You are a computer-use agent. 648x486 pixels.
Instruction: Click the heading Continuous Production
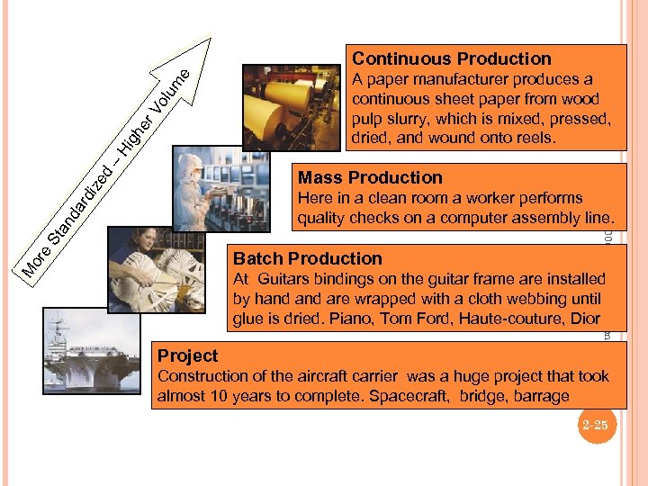[x=451, y=59]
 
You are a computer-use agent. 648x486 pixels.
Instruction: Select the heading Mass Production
[x=370, y=177]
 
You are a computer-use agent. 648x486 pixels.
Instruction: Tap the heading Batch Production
[x=308, y=259]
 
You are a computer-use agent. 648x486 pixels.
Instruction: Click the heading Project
[x=188, y=356]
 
